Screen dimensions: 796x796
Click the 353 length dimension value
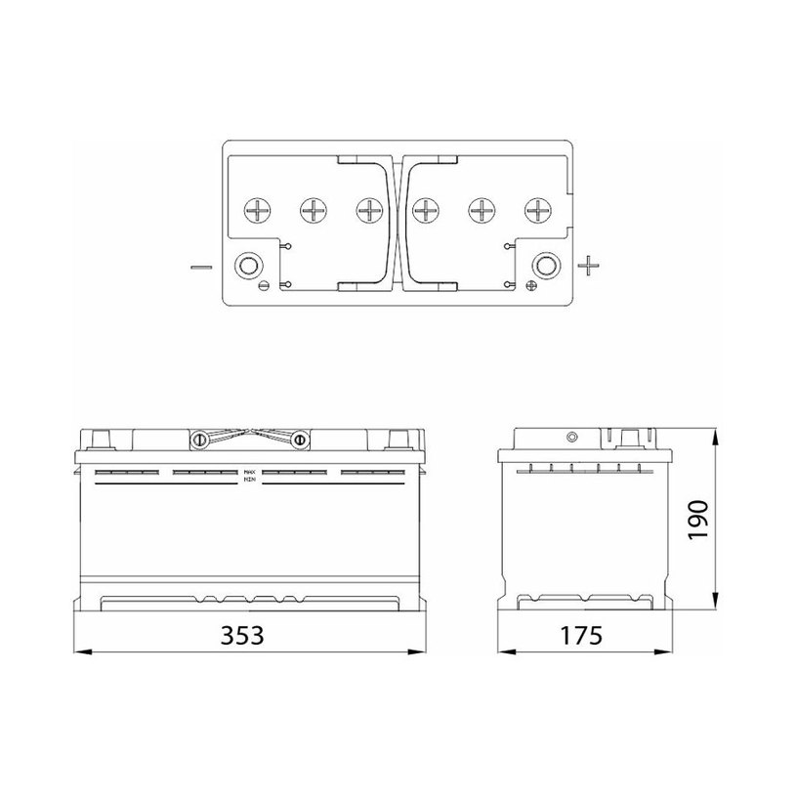tap(242, 636)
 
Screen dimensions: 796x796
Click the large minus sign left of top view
tap(199, 265)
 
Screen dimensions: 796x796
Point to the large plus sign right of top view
tap(587, 264)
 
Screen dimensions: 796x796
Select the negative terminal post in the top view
tap(247, 265)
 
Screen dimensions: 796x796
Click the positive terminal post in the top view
tap(544, 265)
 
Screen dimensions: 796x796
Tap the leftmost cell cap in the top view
tap(258, 209)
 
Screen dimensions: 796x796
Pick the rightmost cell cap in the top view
tap(536, 209)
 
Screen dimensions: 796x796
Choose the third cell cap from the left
tap(369, 209)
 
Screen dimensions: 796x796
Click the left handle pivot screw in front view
tap(199, 440)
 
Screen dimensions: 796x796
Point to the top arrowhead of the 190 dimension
tap(717, 431)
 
